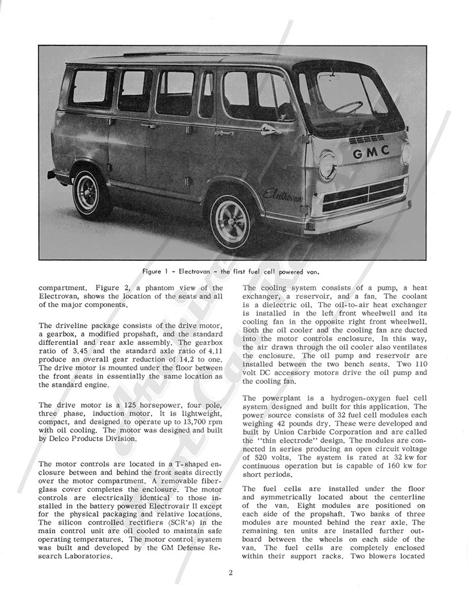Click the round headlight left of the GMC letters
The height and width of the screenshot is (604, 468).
[x=327, y=164]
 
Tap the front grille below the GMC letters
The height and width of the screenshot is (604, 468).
[x=364, y=194]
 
